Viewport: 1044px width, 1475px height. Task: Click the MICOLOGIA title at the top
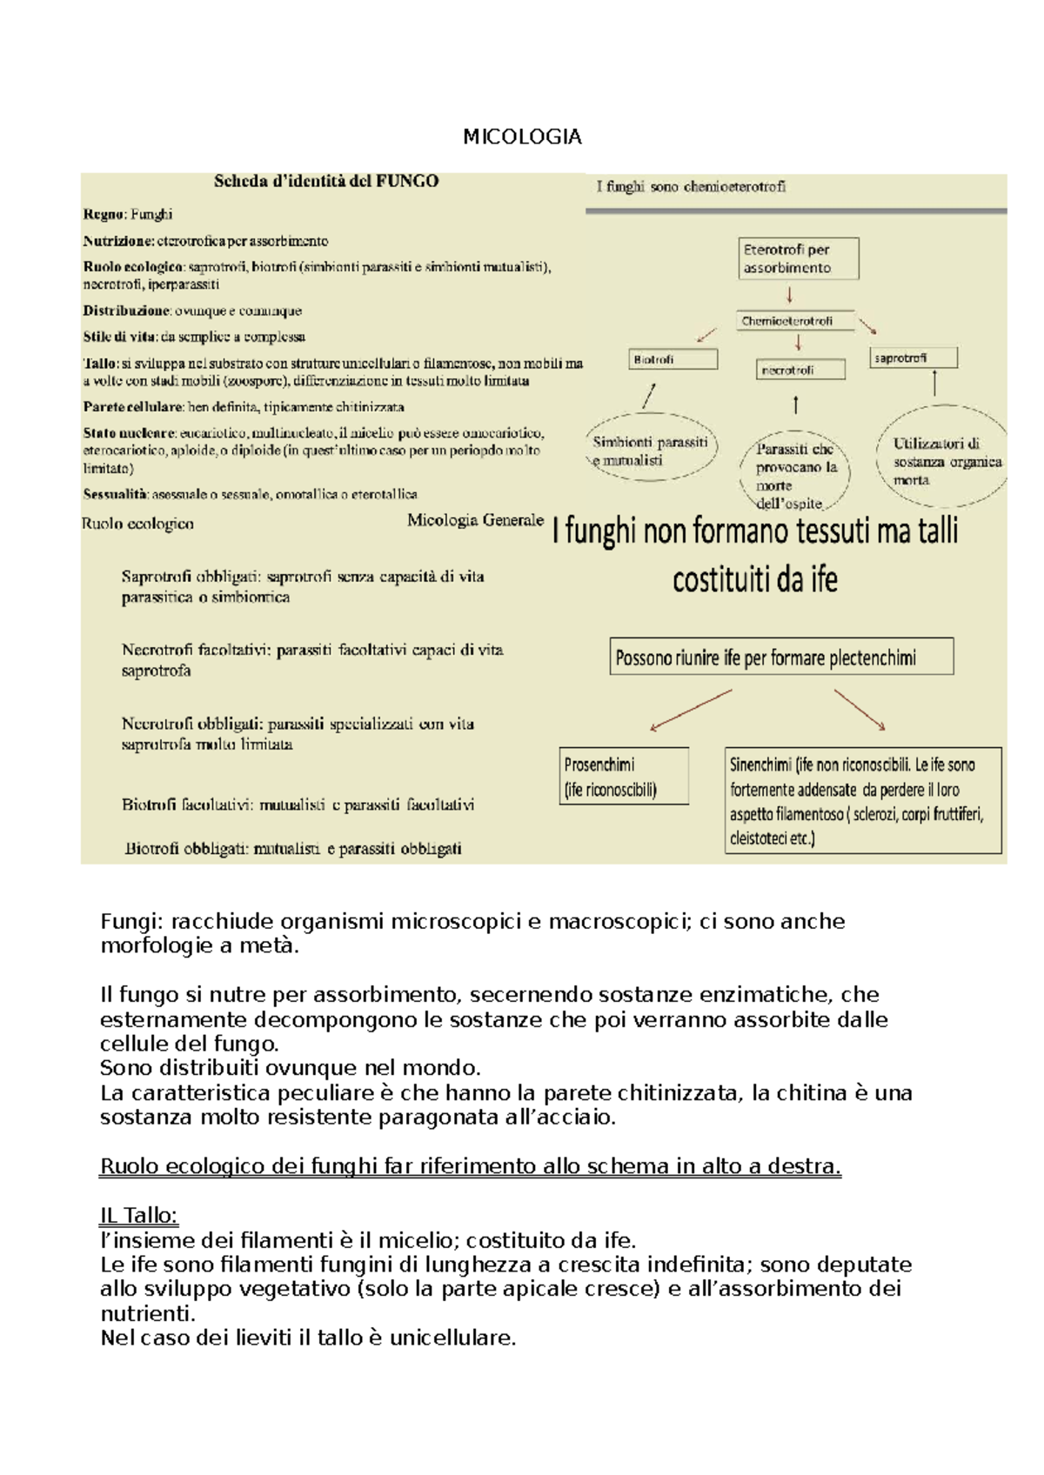click(522, 137)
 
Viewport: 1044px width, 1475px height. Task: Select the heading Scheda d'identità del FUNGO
click(326, 181)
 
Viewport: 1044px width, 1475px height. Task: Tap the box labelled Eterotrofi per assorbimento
click(799, 258)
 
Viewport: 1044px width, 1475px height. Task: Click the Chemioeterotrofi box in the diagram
click(794, 321)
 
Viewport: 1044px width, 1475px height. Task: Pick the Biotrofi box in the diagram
click(673, 359)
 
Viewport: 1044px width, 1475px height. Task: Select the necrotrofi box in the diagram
click(800, 370)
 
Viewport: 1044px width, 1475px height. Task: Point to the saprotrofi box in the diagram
click(913, 357)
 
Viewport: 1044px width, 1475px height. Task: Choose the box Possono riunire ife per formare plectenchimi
click(781, 657)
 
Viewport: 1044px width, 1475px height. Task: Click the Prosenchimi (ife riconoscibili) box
click(624, 776)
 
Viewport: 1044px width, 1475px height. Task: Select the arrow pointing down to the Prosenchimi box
click(691, 711)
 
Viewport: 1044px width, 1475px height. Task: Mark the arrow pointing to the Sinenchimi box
click(860, 710)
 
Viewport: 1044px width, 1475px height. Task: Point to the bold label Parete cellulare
click(133, 406)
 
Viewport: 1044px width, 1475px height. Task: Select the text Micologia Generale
click(475, 520)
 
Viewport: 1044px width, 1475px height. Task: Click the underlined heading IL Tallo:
click(139, 1215)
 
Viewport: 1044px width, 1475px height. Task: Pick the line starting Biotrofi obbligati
click(293, 848)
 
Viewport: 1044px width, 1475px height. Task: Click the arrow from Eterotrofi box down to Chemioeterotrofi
click(790, 295)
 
